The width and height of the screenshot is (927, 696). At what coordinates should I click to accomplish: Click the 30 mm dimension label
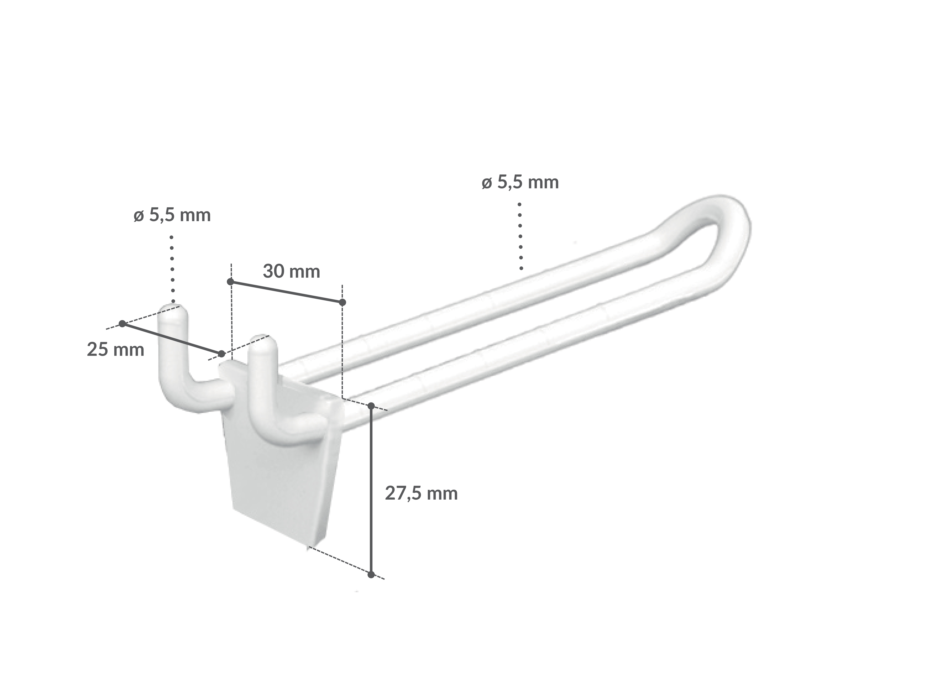tap(291, 272)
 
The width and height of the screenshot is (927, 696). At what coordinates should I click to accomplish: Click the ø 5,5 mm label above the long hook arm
tap(520, 182)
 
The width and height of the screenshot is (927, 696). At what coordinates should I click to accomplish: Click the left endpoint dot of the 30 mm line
tap(230, 282)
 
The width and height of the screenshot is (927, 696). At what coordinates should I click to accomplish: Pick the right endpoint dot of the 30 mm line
tap(342, 302)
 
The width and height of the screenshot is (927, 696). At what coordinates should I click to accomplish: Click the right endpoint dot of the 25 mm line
tap(222, 354)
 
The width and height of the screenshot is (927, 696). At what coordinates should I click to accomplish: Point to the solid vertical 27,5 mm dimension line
tap(371, 491)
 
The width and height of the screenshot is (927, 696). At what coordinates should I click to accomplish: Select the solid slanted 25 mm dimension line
tap(172, 339)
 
